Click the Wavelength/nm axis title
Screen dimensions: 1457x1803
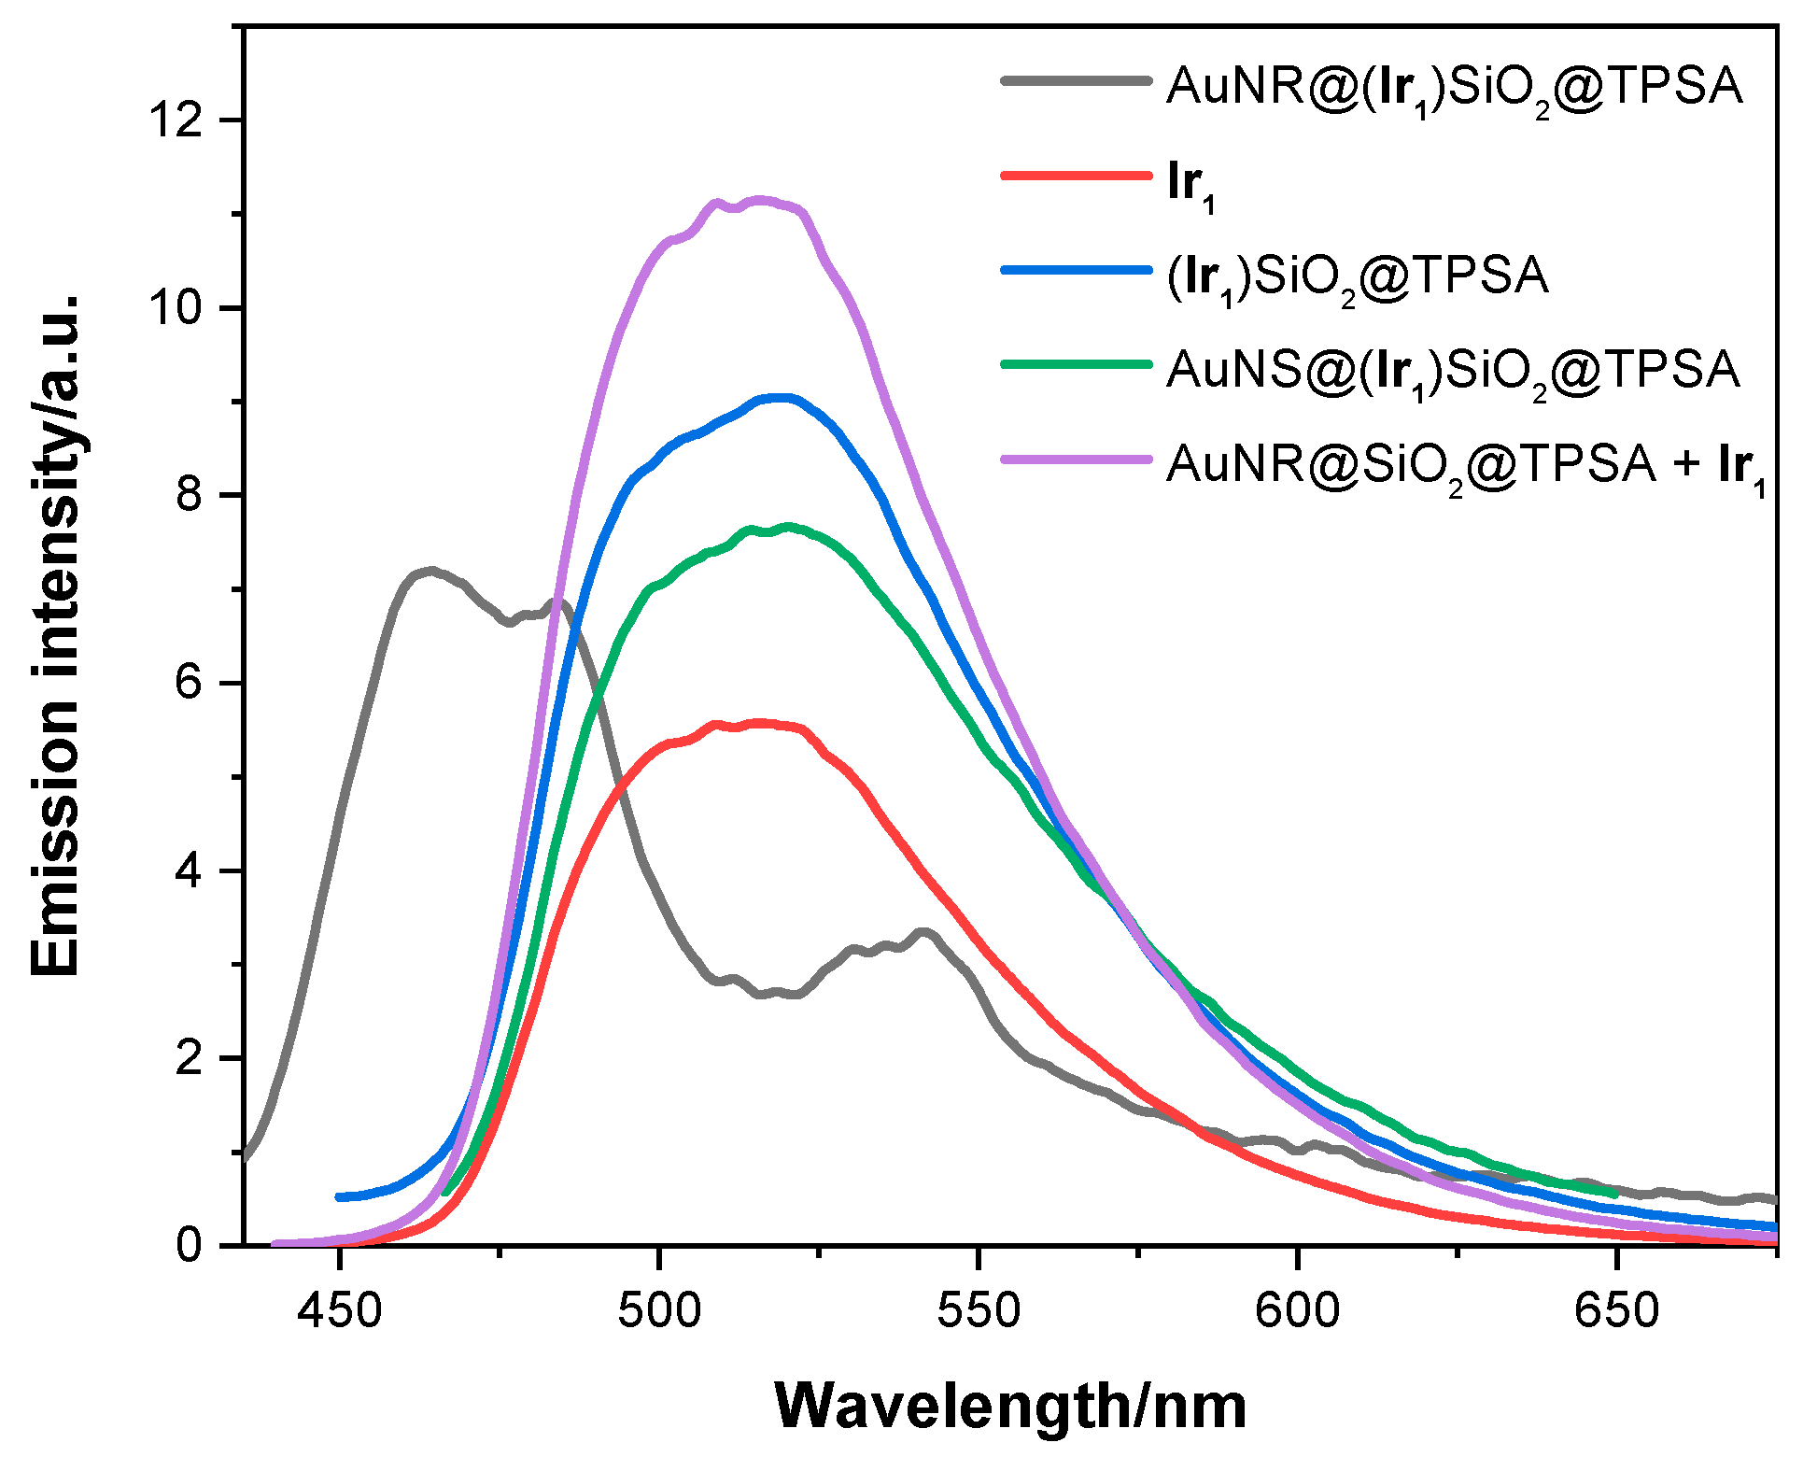(x=1010, y=1407)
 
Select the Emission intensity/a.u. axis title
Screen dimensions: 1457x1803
(x=56, y=635)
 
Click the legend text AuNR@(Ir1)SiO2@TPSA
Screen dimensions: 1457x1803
(x=1454, y=87)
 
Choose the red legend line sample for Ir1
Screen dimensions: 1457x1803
(x=1076, y=175)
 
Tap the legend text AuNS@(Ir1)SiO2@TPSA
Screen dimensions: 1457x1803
(x=1452, y=370)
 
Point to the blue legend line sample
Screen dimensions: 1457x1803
(x=1076, y=270)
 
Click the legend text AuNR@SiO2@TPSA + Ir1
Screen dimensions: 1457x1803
(x=1466, y=464)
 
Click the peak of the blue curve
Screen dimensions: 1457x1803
(x=782, y=398)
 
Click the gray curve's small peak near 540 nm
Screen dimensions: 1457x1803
(x=924, y=932)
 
